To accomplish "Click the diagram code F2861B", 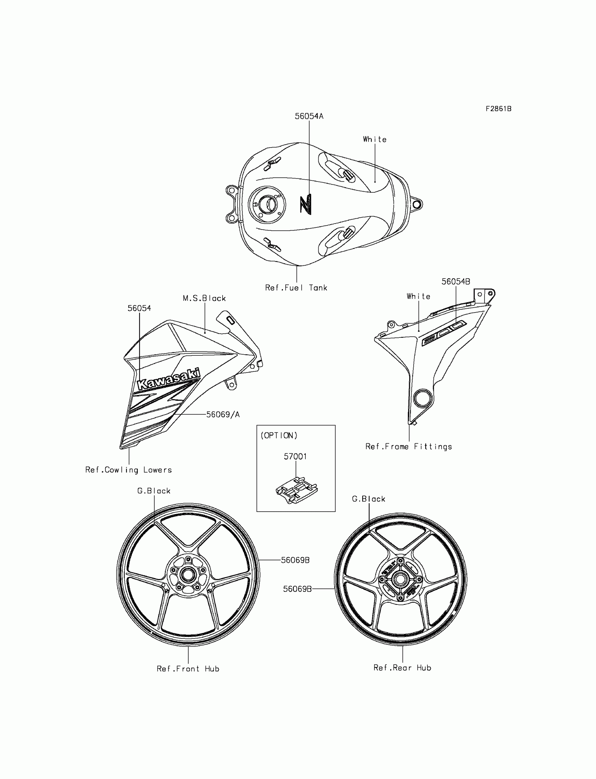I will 499,109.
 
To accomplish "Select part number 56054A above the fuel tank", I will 309,116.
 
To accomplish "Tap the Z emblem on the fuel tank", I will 305,204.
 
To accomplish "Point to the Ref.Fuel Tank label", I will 296,288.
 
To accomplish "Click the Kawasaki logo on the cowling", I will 169,380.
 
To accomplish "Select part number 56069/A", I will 223,415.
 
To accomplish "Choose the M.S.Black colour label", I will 204,299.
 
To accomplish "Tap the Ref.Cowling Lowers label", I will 128,470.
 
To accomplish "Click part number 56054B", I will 455,281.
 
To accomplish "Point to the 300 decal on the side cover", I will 444,333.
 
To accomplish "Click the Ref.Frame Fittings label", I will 409,447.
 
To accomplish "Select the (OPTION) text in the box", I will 279,436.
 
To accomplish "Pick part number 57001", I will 295,457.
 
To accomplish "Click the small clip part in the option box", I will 297,490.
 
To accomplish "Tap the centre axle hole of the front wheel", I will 188,575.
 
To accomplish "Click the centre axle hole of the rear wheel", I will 400,579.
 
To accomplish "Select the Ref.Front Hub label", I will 188,669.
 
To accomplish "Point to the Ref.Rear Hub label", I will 402,668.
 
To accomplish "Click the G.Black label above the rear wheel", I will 368,499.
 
